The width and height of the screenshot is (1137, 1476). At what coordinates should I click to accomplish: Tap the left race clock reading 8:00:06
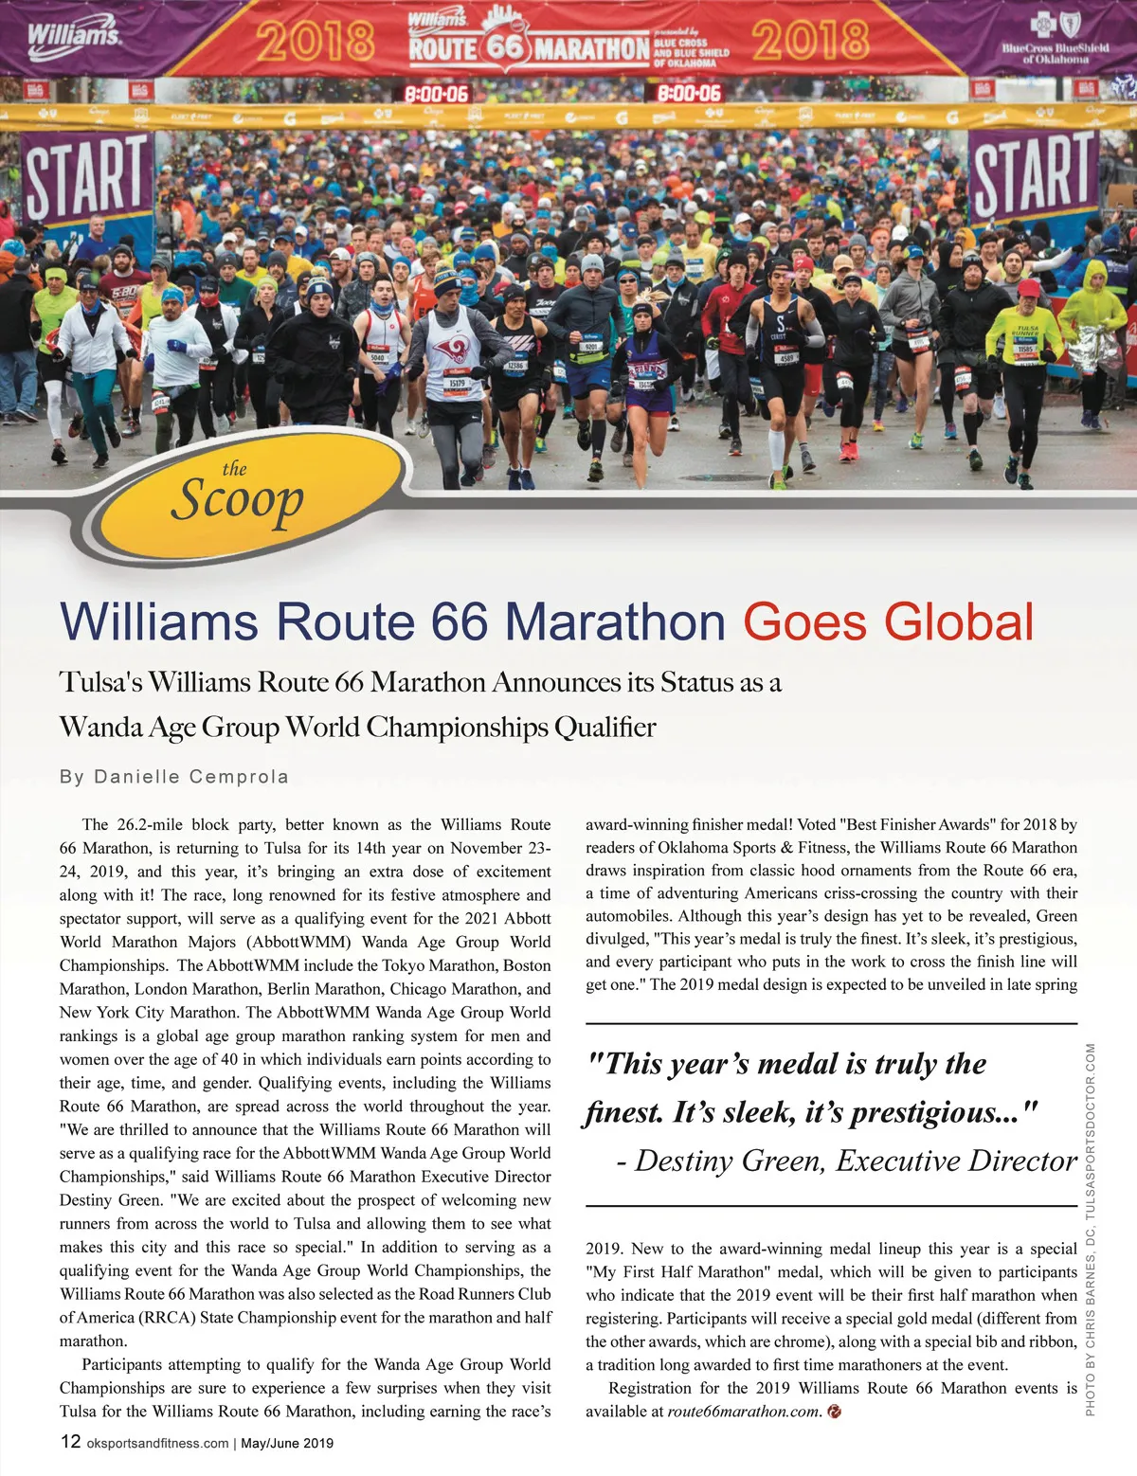click(437, 94)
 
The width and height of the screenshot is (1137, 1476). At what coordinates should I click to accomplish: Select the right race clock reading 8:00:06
click(689, 93)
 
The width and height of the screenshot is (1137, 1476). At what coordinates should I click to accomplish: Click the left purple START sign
click(86, 177)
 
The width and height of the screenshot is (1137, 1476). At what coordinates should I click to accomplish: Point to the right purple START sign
click(1033, 174)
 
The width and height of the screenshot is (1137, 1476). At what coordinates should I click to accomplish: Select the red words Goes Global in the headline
click(888, 622)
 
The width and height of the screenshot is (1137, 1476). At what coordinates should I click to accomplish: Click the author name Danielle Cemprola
click(190, 777)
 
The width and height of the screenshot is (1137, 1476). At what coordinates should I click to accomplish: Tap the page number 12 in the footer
click(70, 1441)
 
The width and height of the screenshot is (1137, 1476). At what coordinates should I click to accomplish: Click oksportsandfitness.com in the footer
click(157, 1443)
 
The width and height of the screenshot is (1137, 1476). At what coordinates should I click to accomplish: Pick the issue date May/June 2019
click(287, 1443)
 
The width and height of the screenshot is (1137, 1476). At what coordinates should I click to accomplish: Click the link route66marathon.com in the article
click(743, 1412)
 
